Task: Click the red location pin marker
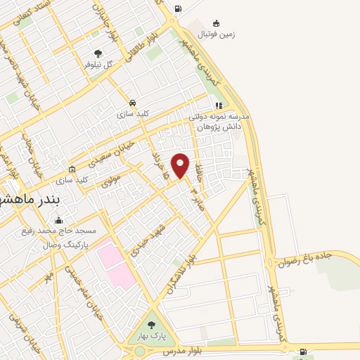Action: [181, 165]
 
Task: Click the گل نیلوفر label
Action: [98, 64]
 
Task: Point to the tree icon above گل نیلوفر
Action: [98, 53]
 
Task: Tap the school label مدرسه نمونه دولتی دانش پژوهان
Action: [219, 121]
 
